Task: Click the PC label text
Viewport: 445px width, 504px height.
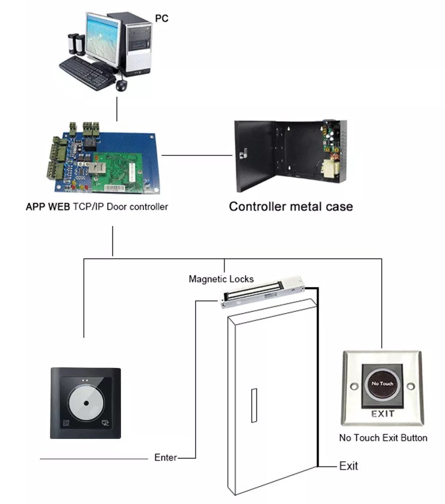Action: click(161, 19)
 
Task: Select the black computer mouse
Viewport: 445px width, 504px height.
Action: click(122, 85)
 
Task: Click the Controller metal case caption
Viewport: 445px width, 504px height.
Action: click(291, 207)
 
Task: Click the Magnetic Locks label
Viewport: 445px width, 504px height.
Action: click(221, 279)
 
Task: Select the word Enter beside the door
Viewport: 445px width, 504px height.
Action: click(166, 458)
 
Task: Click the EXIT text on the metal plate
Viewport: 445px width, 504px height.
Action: click(382, 414)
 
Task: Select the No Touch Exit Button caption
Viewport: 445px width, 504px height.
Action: click(383, 438)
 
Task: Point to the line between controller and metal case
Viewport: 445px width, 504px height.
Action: click(197, 155)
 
